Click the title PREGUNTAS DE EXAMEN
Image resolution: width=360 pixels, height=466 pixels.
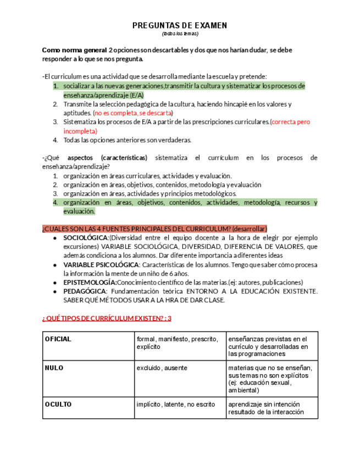[180, 26]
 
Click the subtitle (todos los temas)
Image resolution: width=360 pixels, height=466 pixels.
[180, 34]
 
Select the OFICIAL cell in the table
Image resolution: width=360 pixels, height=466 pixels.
[58, 339]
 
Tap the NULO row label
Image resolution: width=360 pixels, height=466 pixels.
[54, 368]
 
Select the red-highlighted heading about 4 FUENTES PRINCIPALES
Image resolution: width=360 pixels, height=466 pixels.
[154, 228]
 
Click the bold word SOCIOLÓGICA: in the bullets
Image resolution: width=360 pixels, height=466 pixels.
[86, 238]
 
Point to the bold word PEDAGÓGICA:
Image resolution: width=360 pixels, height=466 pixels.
[85, 291]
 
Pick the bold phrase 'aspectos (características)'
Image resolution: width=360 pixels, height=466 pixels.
[112, 158]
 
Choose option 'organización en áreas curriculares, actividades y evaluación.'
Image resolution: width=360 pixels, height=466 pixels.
[140, 176]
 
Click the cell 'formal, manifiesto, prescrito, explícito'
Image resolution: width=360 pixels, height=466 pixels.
[178, 343]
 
